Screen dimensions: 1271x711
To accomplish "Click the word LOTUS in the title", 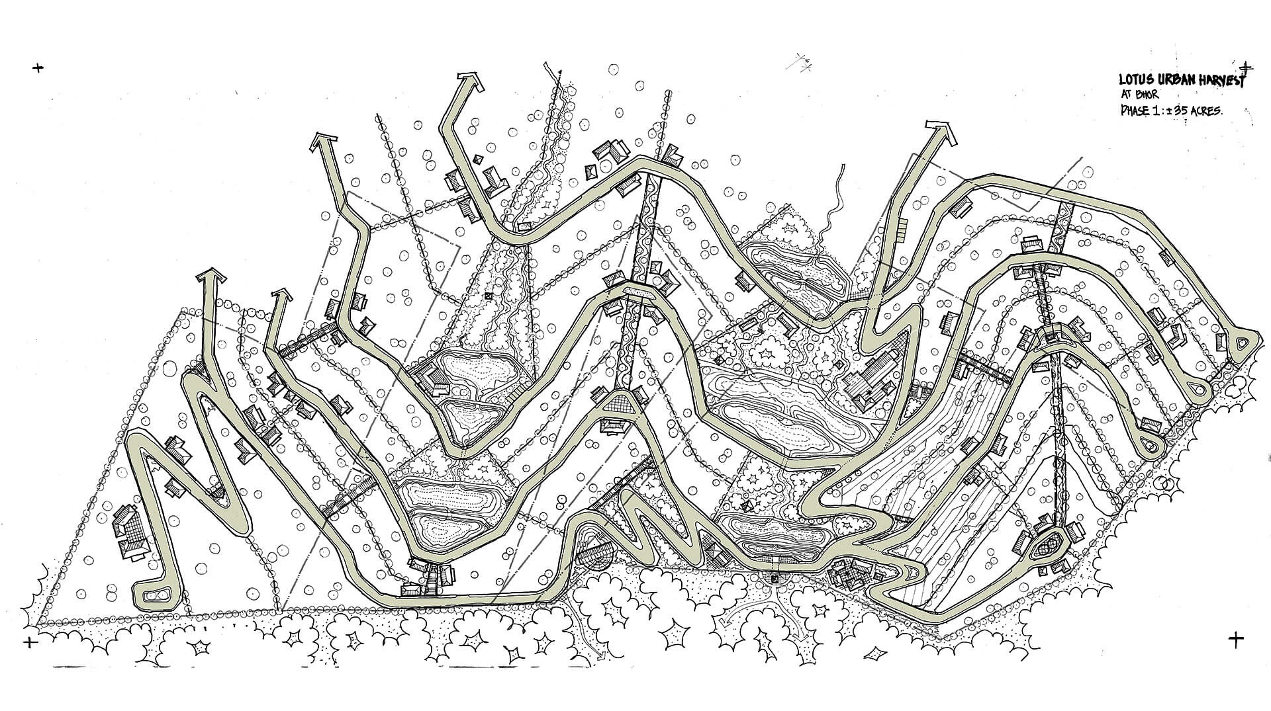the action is coord(1134,81).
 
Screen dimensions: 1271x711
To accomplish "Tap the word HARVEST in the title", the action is coord(1217,81).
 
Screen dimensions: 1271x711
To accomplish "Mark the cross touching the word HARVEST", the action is coord(1247,67).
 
